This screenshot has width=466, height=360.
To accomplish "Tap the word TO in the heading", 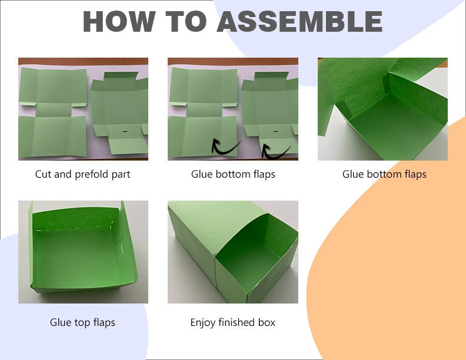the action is coord(186,21).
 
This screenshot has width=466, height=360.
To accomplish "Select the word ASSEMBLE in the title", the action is coord(299,21).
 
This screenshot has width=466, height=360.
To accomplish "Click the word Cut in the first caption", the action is coord(44,174).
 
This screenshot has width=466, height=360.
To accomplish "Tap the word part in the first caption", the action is coord(121,175).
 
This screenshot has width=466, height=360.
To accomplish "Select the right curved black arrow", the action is coord(274,153).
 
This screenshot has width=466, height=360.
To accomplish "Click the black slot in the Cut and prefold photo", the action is coord(125,131).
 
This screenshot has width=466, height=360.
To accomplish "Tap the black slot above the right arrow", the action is coord(275,131).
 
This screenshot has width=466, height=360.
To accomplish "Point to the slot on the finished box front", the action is coord(275,276).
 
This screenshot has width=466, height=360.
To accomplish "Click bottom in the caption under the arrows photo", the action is coord(233,174).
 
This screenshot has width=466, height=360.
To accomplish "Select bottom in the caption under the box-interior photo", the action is coord(384,174).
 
